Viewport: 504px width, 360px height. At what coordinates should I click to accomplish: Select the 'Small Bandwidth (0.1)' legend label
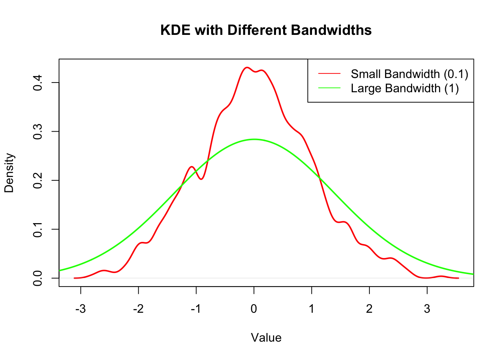point(409,74)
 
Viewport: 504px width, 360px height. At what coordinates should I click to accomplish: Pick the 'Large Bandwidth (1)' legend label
point(405,88)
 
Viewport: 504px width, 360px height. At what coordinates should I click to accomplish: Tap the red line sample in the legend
point(329,74)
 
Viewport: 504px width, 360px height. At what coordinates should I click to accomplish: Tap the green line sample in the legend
point(329,88)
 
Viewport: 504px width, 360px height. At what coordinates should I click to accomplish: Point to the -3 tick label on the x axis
point(80,309)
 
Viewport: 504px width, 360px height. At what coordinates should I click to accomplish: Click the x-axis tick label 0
point(254,309)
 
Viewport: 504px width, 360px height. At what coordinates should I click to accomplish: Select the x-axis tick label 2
point(369,309)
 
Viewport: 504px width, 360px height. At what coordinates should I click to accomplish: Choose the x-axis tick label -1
point(196,309)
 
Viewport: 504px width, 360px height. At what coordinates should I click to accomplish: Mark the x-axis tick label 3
point(427,309)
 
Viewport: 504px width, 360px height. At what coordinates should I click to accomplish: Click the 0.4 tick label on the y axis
point(38,82)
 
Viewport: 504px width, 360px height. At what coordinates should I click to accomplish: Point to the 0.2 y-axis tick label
point(38,180)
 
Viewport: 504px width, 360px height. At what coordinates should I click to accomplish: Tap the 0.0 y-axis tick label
point(38,278)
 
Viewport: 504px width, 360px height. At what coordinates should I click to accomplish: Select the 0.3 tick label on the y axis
point(38,131)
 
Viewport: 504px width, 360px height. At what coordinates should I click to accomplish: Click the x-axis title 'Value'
point(266,338)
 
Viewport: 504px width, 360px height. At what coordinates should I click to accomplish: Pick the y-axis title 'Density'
point(9,173)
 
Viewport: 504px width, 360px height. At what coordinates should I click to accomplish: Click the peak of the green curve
point(254,139)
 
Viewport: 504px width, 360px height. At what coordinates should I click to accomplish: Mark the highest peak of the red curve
point(246,67)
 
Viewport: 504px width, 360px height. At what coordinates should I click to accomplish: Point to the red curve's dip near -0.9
point(201,179)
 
